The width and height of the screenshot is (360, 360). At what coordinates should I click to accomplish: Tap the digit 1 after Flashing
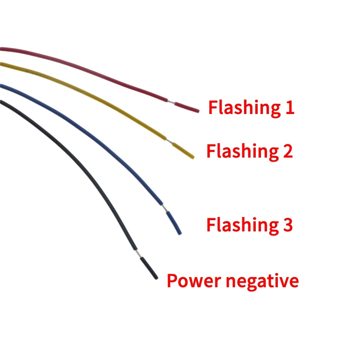pyautogui.click(x=289, y=108)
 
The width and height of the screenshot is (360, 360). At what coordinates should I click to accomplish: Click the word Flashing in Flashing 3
pyautogui.click(x=241, y=225)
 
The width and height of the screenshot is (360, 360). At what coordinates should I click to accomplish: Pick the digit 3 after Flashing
pyautogui.click(x=288, y=225)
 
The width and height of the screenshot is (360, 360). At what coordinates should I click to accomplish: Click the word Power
pyautogui.click(x=191, y=281)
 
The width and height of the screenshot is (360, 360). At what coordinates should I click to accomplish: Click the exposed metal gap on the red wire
pyautogui.click(x=171, y=102)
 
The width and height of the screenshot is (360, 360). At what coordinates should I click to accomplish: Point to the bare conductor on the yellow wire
pyautogui.click(x=169, y=141)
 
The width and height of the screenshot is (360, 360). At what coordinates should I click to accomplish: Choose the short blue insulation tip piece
pyautogui.click(x=174, y=222)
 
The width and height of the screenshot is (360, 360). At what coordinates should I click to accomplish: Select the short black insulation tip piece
pyautogui.click(x=149, y=268)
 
